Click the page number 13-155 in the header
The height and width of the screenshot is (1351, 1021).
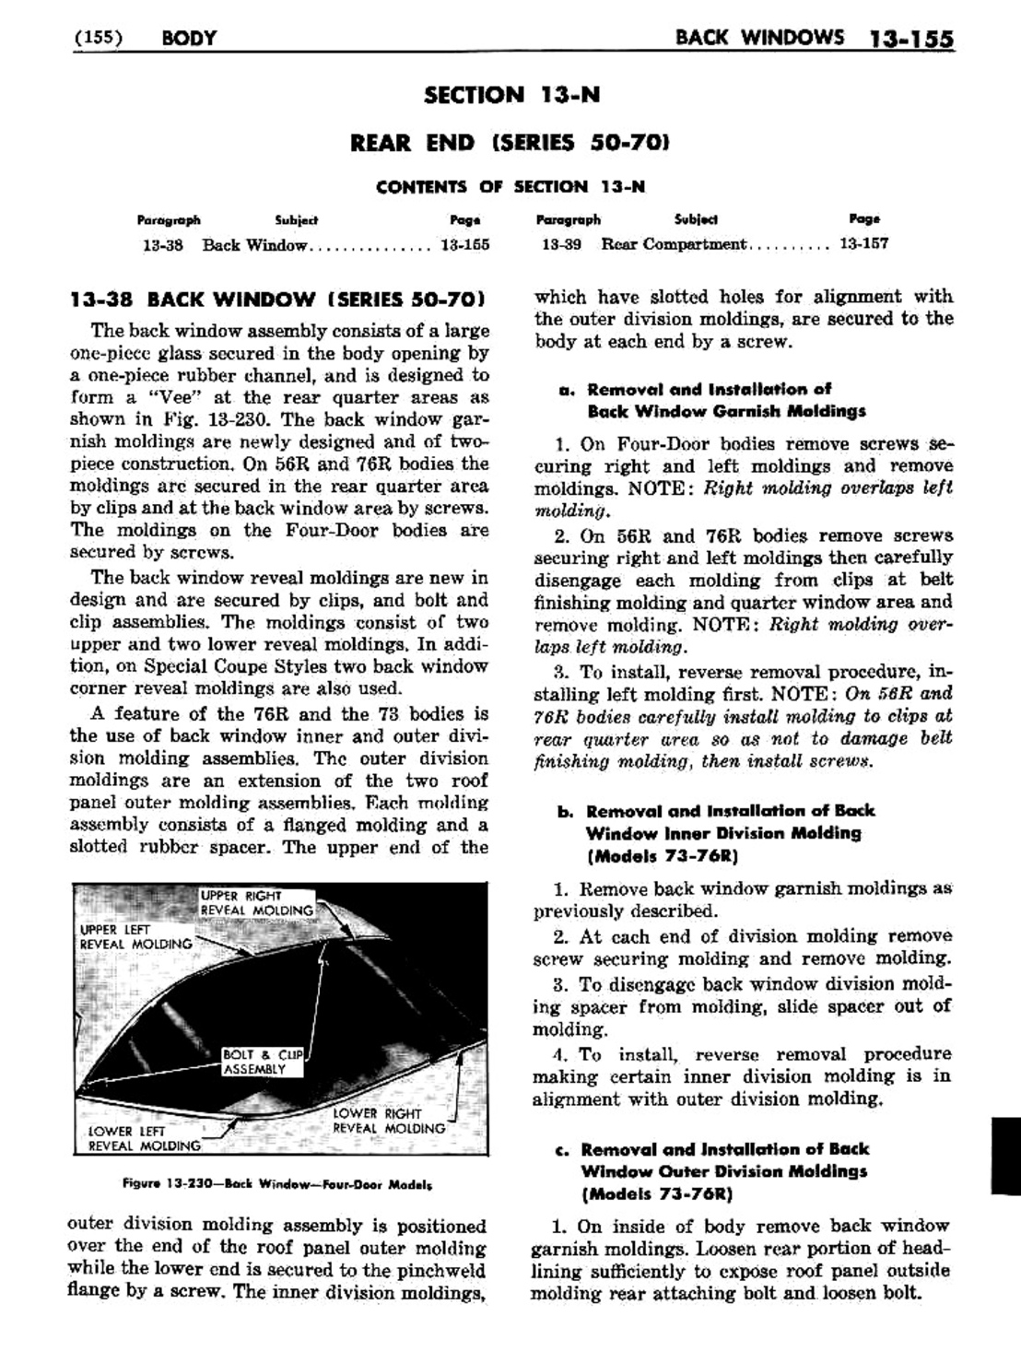pyautogui.click(x=910, y=39)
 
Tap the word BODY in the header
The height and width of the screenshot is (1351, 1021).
pyautogui.click(x=188, y=38)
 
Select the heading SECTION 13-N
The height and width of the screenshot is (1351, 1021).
pyautogui.click(x=510, y=94)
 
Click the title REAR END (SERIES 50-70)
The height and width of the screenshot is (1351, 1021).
pyautogui.click(x=510, y=142)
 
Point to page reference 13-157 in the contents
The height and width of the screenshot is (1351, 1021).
pyautogui.click(x=863, y=244)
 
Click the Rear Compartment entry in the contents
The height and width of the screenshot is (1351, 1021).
pyautogui.click(x=673, y=244)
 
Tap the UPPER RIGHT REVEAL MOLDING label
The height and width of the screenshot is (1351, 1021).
pyautogui.click(x=257, y=903)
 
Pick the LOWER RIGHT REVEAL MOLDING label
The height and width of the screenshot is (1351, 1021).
pyautogui.click(x=388, y=1121)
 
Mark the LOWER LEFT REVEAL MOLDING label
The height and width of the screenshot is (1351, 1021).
pyautogui.click(x=143, y=1139)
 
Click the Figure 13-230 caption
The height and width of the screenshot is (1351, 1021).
pyautogui.click(x=277, y=1183)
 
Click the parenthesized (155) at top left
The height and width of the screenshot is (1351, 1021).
pyautogui.click(x=98, y=38)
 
